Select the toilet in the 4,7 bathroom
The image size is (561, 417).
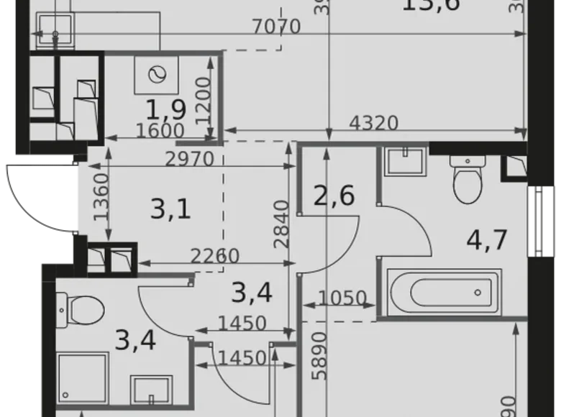click(467, 180)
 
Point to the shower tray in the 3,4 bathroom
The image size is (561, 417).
click(83, 378)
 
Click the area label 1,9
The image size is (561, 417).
click(166, 109)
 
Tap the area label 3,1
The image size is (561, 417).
click(170, 210)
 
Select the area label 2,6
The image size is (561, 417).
click(334, 196)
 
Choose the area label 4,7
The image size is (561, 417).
click(486, 238)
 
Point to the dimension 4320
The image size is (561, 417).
click(373, 123)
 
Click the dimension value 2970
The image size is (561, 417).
click(190, 159)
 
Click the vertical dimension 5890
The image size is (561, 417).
click(319, 355)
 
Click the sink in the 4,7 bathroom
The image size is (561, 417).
click(406, 160)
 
